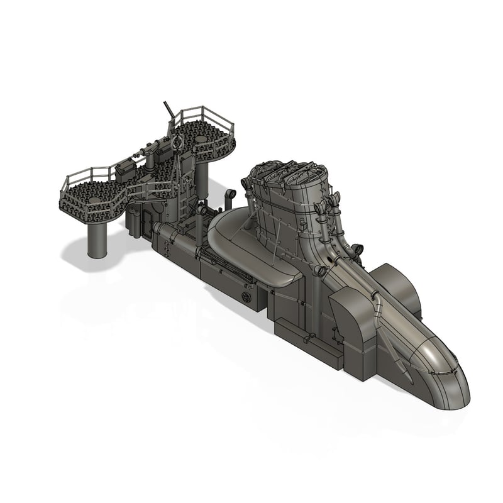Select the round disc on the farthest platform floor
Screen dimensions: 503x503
[201, 137]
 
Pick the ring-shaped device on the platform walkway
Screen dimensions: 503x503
[177, 143]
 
